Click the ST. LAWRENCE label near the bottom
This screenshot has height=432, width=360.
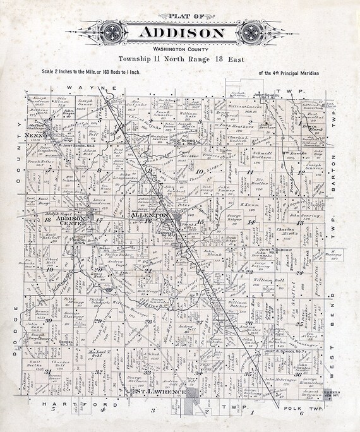(160, 393)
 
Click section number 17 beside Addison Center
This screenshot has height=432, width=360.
(99, 220)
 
